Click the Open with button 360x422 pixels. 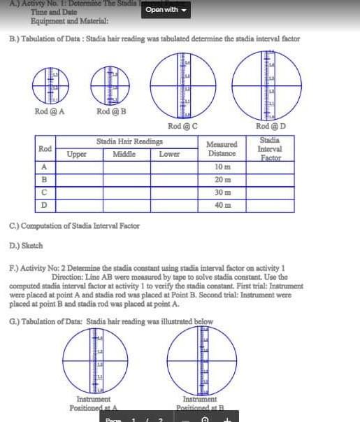point(166,10)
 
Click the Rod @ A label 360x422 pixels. point(50,112)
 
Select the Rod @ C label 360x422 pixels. point(183,126)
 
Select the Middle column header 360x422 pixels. point(124,154)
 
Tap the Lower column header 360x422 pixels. point(169,154)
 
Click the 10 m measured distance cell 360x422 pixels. point(222,167)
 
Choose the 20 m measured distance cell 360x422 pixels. point(222,180)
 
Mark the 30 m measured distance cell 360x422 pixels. point(222,192)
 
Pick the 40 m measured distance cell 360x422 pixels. point(222,205)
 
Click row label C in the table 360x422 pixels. point(44,192)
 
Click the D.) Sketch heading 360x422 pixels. point(27,246)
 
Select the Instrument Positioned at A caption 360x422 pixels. point(93,404)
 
